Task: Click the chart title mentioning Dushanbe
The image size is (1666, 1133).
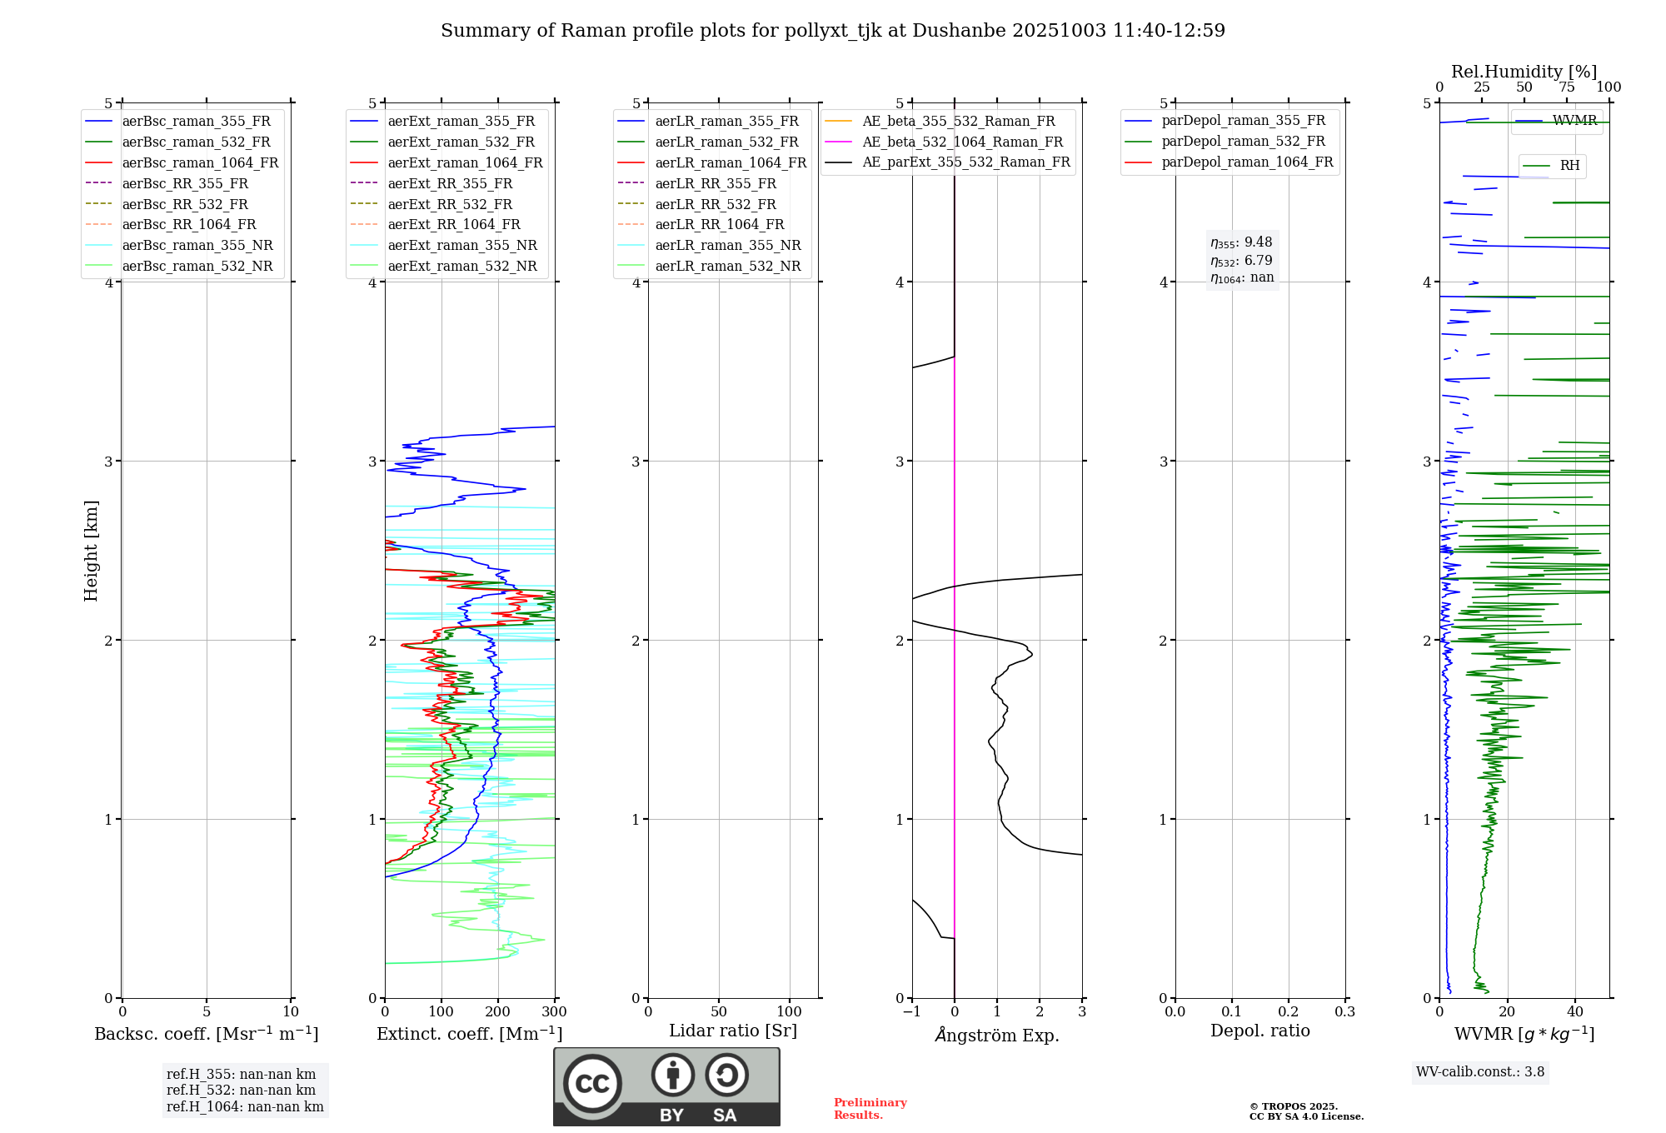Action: pos(832,31)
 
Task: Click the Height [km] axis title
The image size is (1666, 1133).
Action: pos(91,551)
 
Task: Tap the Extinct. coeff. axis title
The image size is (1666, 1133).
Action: pos(470,1034)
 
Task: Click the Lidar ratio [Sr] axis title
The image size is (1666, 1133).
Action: pos(733,1031)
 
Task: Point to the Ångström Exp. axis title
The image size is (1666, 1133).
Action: pos(997,1036)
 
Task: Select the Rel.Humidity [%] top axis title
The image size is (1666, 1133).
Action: pos(1524,72)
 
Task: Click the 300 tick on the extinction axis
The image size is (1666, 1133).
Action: pos(554,1012)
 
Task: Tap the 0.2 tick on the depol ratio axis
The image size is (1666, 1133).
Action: pos(1288,1012)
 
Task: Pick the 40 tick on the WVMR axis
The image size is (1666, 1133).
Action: pos(1575,1012)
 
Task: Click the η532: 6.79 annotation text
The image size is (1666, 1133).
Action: pos(1241,261)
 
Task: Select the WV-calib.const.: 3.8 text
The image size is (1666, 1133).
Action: pos(1480,1072)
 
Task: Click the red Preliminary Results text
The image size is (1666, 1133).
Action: pos(870,1109)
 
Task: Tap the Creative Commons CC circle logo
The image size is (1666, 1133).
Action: pos(592,1084)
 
